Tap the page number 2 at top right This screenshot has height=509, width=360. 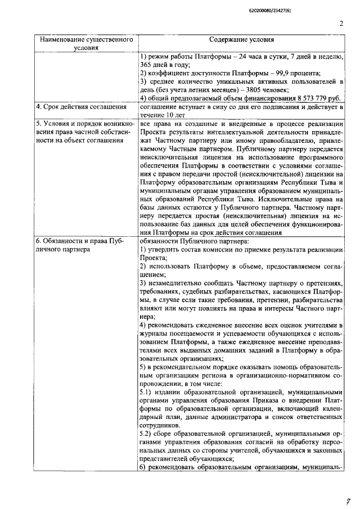coord(341,24)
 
